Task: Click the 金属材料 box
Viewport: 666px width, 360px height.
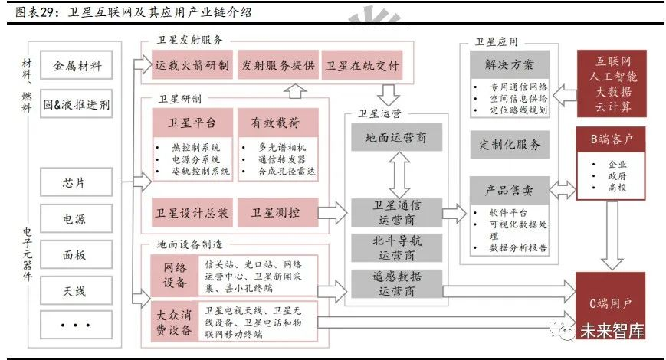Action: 77,65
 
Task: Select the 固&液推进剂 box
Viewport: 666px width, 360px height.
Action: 77,103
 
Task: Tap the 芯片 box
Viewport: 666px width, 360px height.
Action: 77,182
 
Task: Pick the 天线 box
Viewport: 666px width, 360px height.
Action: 77,290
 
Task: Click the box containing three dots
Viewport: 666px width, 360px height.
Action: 77,326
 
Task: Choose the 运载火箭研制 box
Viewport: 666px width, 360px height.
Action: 192,65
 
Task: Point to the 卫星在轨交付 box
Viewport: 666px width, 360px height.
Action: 363,65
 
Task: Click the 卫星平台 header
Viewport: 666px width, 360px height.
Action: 192,123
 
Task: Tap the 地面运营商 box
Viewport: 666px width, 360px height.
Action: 397,137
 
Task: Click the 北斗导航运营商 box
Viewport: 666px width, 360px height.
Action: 397,248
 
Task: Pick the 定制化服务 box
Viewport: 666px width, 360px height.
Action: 510,145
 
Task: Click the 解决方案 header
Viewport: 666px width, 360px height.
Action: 510,64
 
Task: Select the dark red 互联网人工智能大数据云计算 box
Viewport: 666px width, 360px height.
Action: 612,83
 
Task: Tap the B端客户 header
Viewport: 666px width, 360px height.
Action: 611,139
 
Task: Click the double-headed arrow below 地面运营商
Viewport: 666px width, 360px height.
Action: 399,175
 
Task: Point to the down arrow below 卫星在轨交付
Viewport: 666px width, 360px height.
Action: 389,95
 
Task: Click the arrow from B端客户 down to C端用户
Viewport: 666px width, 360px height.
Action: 612,236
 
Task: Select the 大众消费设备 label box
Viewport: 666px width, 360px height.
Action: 174,322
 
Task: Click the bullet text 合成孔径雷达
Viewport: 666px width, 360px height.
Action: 287,171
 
